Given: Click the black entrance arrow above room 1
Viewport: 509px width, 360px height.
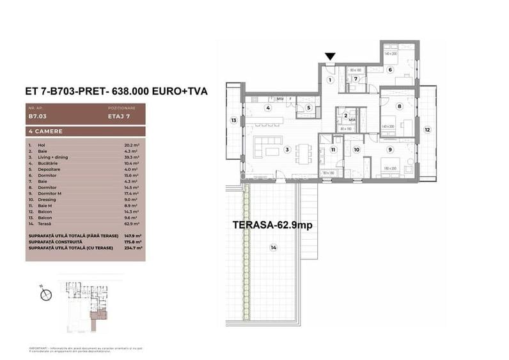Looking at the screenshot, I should pos(329,58).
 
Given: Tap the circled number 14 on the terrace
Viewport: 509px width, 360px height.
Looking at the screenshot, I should pos(274,247).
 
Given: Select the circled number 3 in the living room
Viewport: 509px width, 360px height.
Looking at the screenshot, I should pos(287,150).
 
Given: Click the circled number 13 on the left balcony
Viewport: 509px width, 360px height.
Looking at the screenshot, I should pos(234,120).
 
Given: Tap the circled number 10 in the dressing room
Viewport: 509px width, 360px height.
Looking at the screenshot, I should pos(356,150).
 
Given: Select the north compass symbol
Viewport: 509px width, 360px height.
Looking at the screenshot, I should pos(45,295).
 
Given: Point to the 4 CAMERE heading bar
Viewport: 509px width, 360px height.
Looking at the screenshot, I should pos(86,131).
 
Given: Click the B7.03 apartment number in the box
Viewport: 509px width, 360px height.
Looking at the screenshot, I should pos(37,117).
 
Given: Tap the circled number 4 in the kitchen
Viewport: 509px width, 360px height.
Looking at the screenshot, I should pos(269,107).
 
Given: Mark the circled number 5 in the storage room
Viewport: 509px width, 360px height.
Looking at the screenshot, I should pos(308,107).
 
